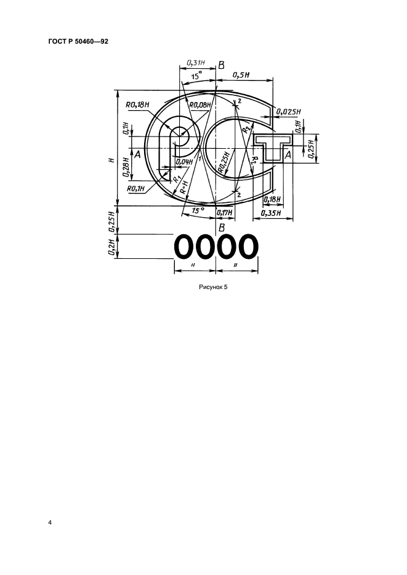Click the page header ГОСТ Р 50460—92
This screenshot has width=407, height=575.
pyautogui.click(x=78, y=42)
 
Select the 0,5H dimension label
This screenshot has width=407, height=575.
pyautogui.click(x=241, y=75)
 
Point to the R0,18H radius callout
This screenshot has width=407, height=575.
pyautogui.click(x=138, y=105)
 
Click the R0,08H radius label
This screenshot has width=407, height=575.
pyautogui.click(x=200, y=105)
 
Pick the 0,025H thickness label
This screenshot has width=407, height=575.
pyautogui.click(x=288, y=112)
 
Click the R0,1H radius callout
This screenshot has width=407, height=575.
pyautogui.click(x=135, y=189)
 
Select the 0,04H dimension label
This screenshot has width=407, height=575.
pyautogui.click(x=184, y=161)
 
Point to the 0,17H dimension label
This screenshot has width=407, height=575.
pyautogui.click(x=225, y=212)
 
